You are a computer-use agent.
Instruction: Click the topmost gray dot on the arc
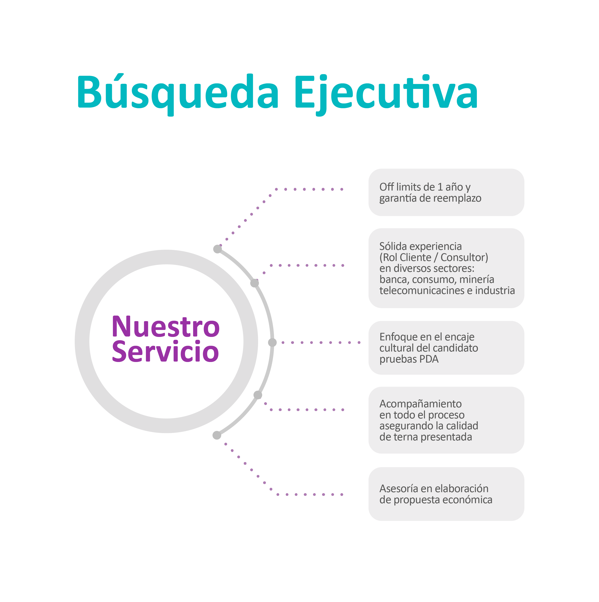(217, 249)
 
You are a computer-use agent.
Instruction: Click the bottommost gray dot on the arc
(217, 435)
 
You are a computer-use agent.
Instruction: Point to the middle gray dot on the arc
(272, 342)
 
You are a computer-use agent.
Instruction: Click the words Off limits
(398, 187)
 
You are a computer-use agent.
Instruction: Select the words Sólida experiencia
(421, 246)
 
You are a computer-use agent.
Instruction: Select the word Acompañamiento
(421, 404)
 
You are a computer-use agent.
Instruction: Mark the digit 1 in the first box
(440, 187)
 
